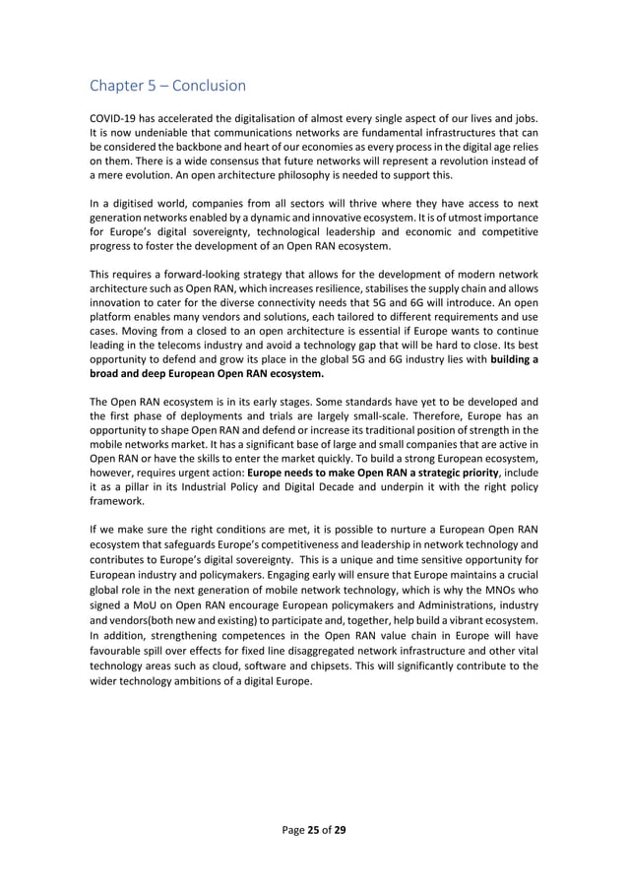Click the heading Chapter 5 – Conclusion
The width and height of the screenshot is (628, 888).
point(167,86)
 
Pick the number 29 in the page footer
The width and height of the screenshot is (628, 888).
point(340,830)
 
